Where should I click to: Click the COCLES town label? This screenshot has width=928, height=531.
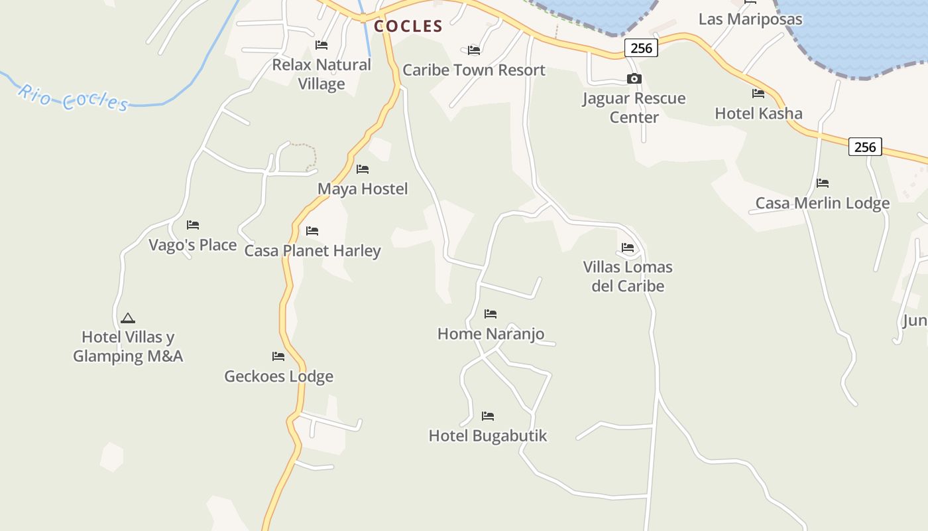[408, 27]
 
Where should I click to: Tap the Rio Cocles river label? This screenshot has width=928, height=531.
[73, 98]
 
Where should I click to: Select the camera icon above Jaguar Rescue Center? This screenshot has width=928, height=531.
[634, 79]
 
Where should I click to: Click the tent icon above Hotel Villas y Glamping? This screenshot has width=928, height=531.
[128, 318]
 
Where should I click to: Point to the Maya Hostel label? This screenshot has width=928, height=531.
[363, 189]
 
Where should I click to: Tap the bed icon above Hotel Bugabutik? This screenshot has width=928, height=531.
[488, 416]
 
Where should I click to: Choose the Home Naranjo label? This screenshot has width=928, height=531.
[491, 334]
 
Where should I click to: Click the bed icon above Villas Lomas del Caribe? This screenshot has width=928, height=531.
[628, 248]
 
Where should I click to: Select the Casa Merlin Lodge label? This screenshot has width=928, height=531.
[823, 203]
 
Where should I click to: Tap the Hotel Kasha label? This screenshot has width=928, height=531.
[758, 114]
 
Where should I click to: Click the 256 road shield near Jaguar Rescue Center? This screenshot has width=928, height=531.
[641, 48]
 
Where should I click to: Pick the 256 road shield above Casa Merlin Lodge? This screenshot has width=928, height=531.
[865, 147]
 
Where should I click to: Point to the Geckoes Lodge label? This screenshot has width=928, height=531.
[278, 376]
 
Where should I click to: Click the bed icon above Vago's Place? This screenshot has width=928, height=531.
[193, 225]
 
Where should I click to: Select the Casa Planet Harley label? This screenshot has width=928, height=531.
[312, 251]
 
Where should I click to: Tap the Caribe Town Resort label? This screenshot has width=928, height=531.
[474, 70]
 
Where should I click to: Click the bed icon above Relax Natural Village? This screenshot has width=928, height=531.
[321, 45]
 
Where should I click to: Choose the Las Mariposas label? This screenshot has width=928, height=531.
[750, 19]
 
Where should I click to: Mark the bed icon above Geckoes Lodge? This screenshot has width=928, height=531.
[278, 356]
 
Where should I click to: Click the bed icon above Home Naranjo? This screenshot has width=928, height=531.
[491, 313]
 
